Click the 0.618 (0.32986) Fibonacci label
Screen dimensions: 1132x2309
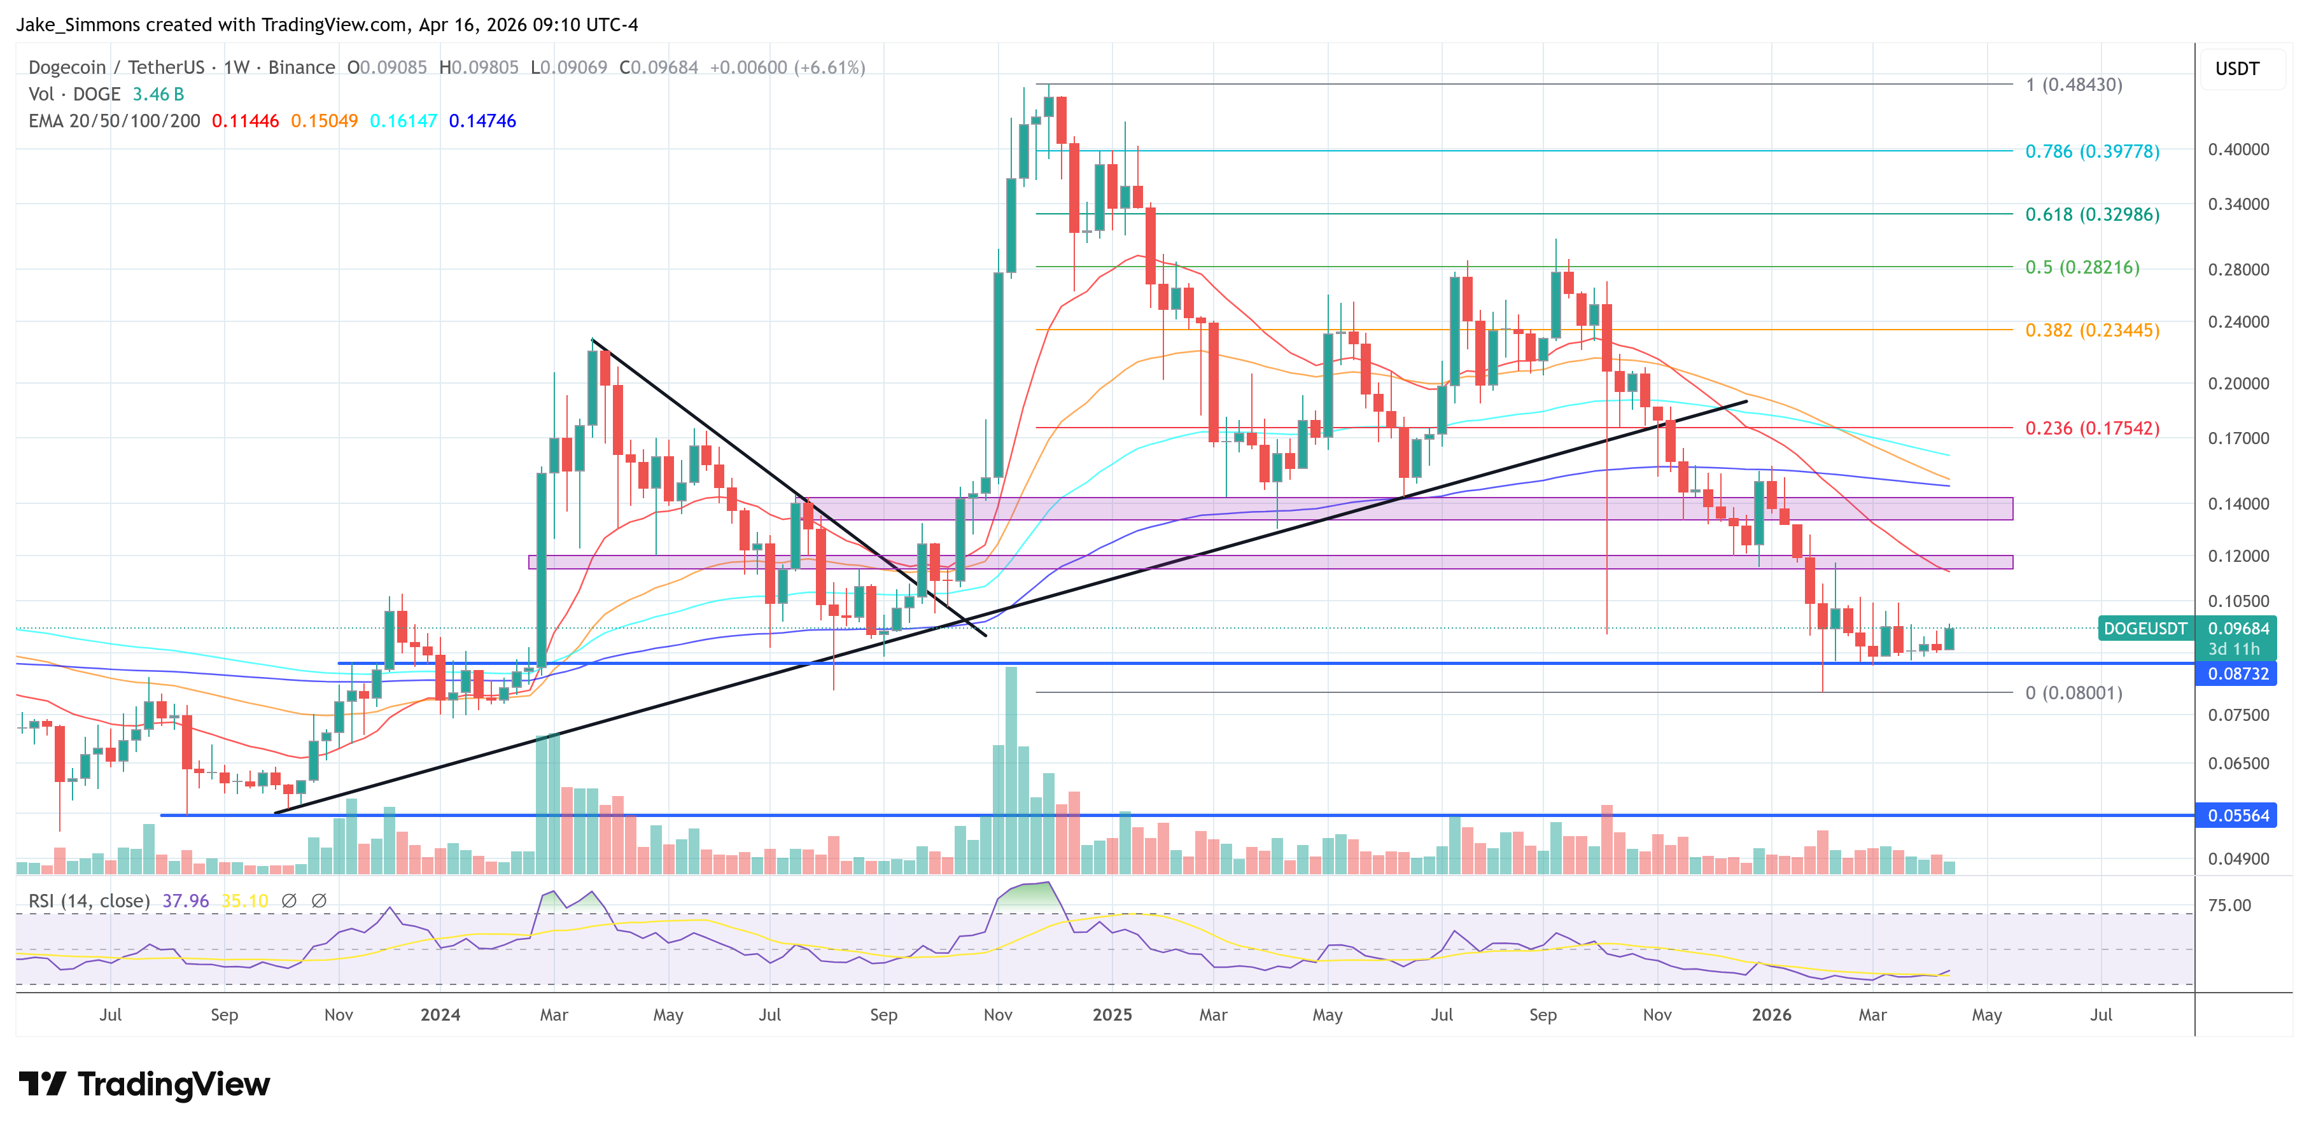point(2091,214)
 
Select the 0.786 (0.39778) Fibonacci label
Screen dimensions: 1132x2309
point(2091,151)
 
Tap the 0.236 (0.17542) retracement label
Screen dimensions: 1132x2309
point(2091,428)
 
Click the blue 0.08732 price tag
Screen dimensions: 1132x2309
point(2237,674)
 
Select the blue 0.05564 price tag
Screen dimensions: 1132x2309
point(2237,816)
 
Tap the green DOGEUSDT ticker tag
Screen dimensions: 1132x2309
point(2145,628)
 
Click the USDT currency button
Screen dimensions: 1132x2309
point(2236,69)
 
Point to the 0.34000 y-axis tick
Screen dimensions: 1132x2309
point(2237,204)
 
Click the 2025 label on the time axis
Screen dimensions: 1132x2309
point(1111,1014)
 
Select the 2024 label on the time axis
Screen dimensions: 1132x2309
point(440,1014)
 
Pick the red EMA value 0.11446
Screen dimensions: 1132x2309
point(244,121)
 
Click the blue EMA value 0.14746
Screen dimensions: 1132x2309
point(482,121)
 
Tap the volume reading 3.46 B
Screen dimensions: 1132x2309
point(158,94)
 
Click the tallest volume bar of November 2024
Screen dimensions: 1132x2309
point(1011,771)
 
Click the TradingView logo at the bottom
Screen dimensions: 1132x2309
point(143,1084)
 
